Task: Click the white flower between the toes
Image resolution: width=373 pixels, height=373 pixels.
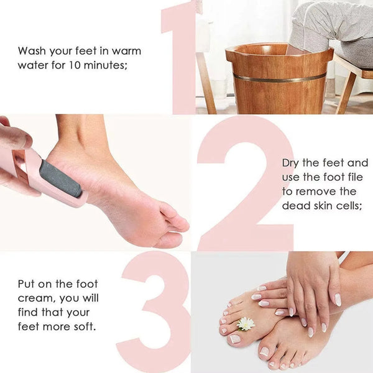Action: click(x=246, y=323)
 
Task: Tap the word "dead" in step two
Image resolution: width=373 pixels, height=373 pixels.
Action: click(x=295, y=206)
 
